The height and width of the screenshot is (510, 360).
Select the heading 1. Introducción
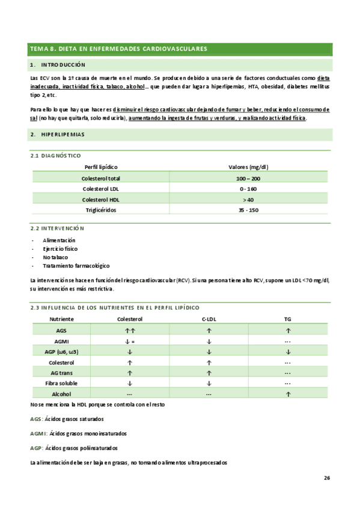click(x=58, y=64)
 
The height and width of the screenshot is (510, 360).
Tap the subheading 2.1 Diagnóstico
click(x=56, y=156)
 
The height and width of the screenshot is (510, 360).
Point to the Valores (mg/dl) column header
click(x=248, y=167)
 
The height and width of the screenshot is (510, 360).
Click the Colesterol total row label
click(x=100, y=179)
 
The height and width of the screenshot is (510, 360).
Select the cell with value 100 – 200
click(x=248, y=179)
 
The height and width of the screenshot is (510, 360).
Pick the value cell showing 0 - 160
click(x=248, y=189)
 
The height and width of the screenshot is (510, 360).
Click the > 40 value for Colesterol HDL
click(x=248, y=199)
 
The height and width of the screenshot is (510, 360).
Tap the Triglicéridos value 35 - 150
click(x=248, y=210)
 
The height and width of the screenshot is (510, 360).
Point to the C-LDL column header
click(x=209, y=319)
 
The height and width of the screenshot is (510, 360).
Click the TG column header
click(x=288, y=319)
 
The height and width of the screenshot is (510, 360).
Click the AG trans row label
click(x=61, y=372)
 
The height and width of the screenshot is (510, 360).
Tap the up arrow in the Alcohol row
click(x=288, y=393)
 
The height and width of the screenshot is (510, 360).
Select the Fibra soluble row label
click(x=61, y=382)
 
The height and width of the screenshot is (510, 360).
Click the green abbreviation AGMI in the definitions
click(x=37, y=433)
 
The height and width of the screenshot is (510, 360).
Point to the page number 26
click(x=326, y=478)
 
